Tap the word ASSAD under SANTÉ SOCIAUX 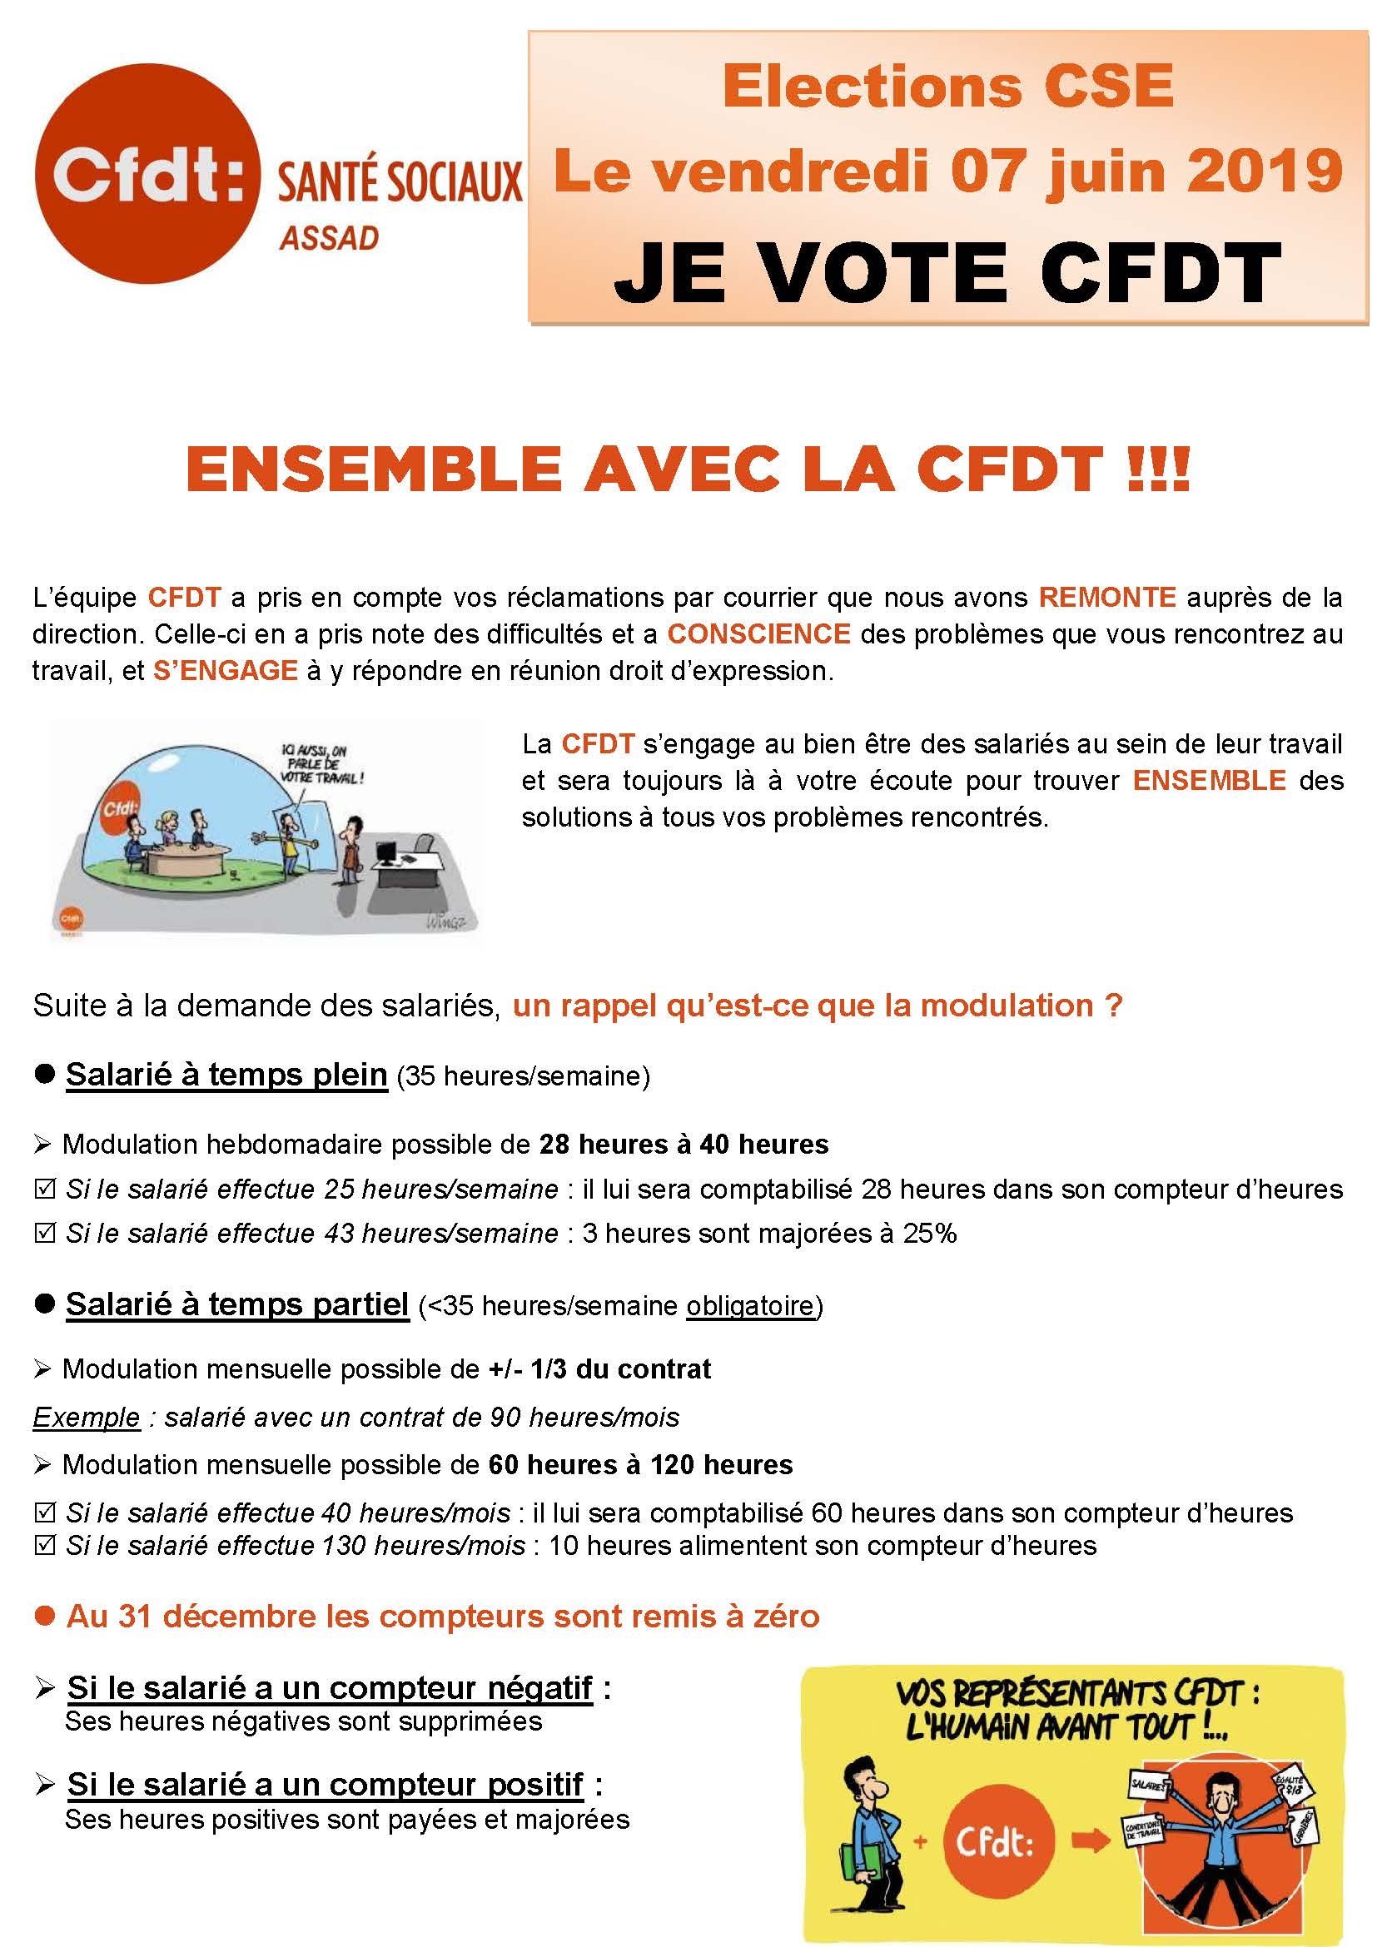point(329,239)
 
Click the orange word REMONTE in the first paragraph point(1107,598)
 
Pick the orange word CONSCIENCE point(759,634)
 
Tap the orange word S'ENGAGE point(226,671)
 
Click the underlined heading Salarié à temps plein point(226,1075)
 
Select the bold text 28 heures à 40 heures point(684,1144)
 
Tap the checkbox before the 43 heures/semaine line point(44,1233)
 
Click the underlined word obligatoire point(749,1305)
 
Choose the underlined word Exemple point(87,1417)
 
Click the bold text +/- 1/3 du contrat point(599,1368)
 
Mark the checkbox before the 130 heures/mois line point(44,1545)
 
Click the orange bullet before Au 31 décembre point(44,1617)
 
